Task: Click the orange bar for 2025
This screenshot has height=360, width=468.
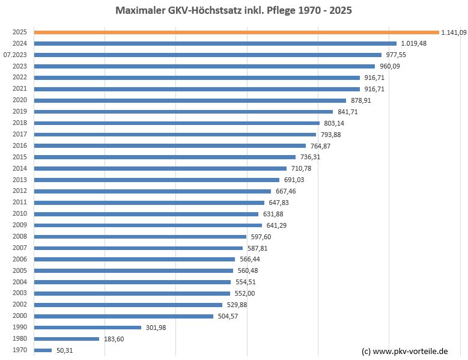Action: point(236,32)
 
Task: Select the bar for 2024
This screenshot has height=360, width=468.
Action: point(215,43)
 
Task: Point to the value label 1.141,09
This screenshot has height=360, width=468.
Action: point(454,32)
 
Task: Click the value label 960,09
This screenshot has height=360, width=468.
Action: point(389,66)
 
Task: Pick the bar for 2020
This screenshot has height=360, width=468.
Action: point(190,100)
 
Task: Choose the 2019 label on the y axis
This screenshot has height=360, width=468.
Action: point(19,112)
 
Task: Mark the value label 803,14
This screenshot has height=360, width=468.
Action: point(334,123)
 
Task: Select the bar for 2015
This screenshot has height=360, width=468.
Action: point(165,157)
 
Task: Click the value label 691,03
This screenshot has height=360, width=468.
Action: point(294,180)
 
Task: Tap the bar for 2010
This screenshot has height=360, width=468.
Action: point(146,214)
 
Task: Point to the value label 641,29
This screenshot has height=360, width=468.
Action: point(276,225)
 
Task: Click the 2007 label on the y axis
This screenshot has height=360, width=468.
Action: point(19,248)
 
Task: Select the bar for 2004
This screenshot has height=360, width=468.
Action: point(132,282)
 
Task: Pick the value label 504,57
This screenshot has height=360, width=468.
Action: point(228,316)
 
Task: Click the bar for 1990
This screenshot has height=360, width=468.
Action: point(88,328)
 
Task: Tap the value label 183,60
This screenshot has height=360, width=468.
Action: point(114,339)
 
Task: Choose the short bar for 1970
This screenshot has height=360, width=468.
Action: point(43,350)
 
